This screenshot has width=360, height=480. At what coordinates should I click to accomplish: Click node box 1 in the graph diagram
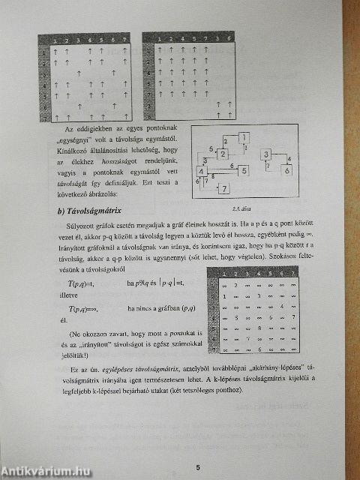point(244,137)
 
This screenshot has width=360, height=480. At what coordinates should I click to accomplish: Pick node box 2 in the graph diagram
point(223,154)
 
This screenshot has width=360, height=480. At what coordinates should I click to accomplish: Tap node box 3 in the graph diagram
point(266,155)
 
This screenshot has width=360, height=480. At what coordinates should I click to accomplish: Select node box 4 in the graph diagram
point(202,172)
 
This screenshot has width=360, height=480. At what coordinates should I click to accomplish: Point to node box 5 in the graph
point(242,171)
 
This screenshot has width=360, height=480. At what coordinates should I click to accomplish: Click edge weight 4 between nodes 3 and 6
point(289,159)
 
